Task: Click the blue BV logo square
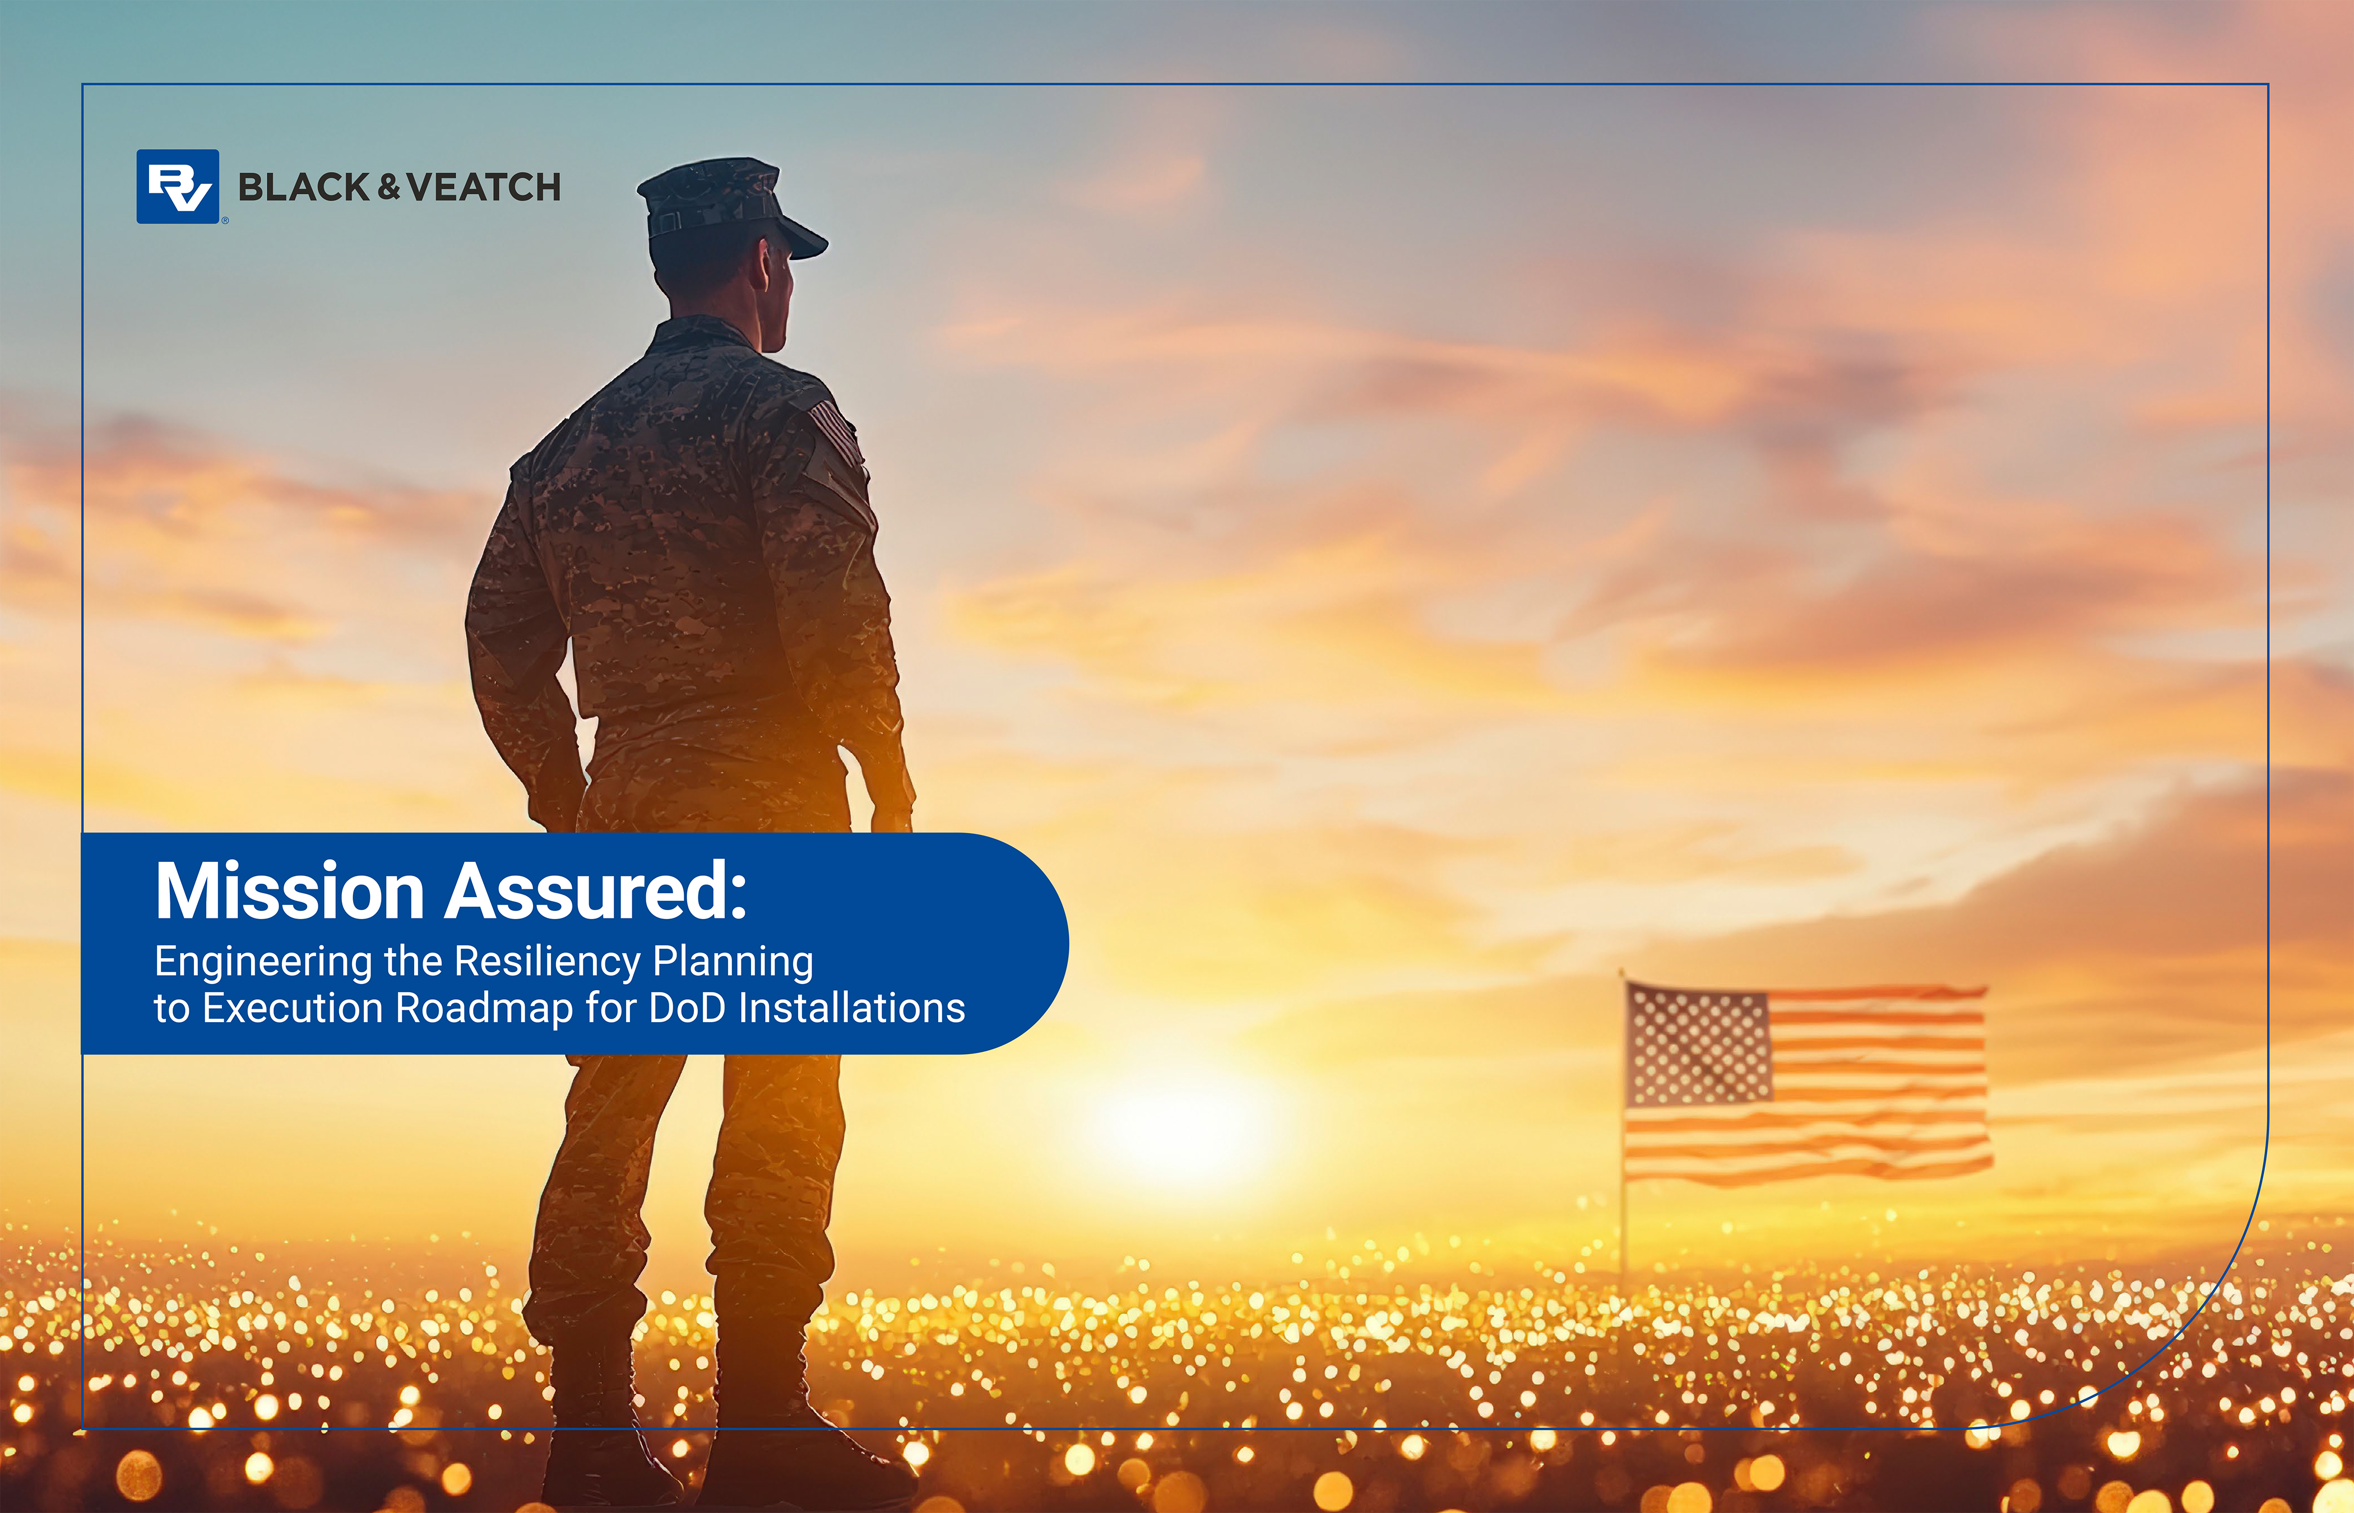coord(178,187)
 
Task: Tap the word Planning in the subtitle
coord(733,963)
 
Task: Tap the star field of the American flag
coord(1698,1046)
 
